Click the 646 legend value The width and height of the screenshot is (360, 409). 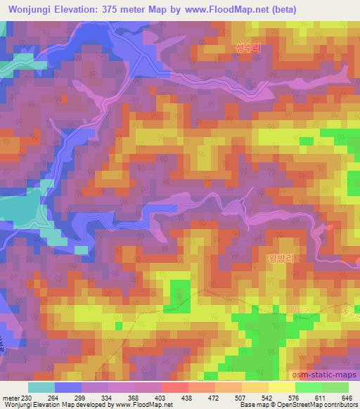coord(345,398)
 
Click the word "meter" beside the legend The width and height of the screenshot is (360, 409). coord(9,398)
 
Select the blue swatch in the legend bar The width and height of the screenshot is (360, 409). coord(69,387)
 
